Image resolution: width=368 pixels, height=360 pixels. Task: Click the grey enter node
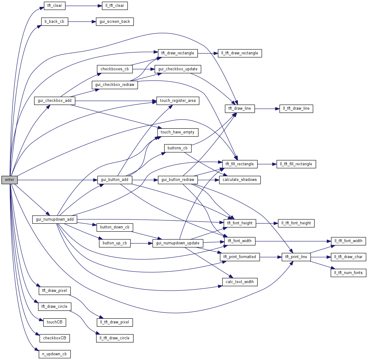click(x=9, y=180)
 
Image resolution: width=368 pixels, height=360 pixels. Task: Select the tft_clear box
click(x=55, y=6)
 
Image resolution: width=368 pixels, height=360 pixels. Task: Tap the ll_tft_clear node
click(x=115, y=6)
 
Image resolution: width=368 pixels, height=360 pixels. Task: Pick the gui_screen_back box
click(x=115, y=22)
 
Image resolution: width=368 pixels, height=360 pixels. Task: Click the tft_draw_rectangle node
click(x=178, y=53)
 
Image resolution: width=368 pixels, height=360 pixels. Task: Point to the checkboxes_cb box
click(x=115, y=69)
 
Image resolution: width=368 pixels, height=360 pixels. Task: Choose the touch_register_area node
click(x=178, y=101)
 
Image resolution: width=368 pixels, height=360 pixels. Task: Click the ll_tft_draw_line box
click(x=296, y=108)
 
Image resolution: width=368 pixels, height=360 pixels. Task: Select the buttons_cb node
click(x=177, y=148)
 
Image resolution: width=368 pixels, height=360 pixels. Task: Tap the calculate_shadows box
click(x=239, y=180)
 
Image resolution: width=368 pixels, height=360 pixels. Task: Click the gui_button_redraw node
click(x=178, y=180)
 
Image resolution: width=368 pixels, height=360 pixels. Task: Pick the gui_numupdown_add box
click(x=55, y=219)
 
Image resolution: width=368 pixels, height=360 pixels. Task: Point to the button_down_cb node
click(x=115, y=227)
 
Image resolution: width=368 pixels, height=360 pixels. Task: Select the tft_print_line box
click(x=296, y=257)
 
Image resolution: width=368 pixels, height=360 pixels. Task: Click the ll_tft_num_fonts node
click(x=348, y=273)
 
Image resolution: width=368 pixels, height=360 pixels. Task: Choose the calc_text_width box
click(x=239, y=282)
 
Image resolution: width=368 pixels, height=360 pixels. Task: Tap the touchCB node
click(x=54, y=322)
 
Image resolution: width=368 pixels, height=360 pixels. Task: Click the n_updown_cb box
click(x=54, y=354)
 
